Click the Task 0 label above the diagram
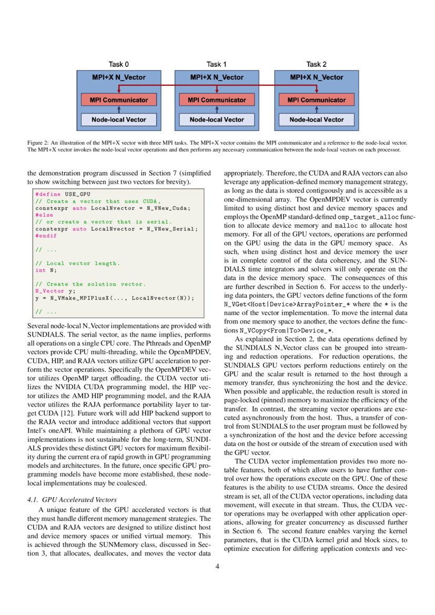(x=118, y=64)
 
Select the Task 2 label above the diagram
(x=316, y=64)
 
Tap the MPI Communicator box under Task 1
(x=217, y=99)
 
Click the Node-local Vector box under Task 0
(x=118, y=119)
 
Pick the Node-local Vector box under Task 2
(x=316, y=119)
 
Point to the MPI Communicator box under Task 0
(x=118, y=99)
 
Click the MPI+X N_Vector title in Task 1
(x=217, y=77)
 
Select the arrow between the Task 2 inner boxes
(x=316, y=109)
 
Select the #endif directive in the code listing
(x=45, y=236)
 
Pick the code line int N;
(x=46, y=270)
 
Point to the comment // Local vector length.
(x=77, y=263)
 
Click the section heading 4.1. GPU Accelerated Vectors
(x=72, y=499)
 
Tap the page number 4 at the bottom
(x=217, y=567)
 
